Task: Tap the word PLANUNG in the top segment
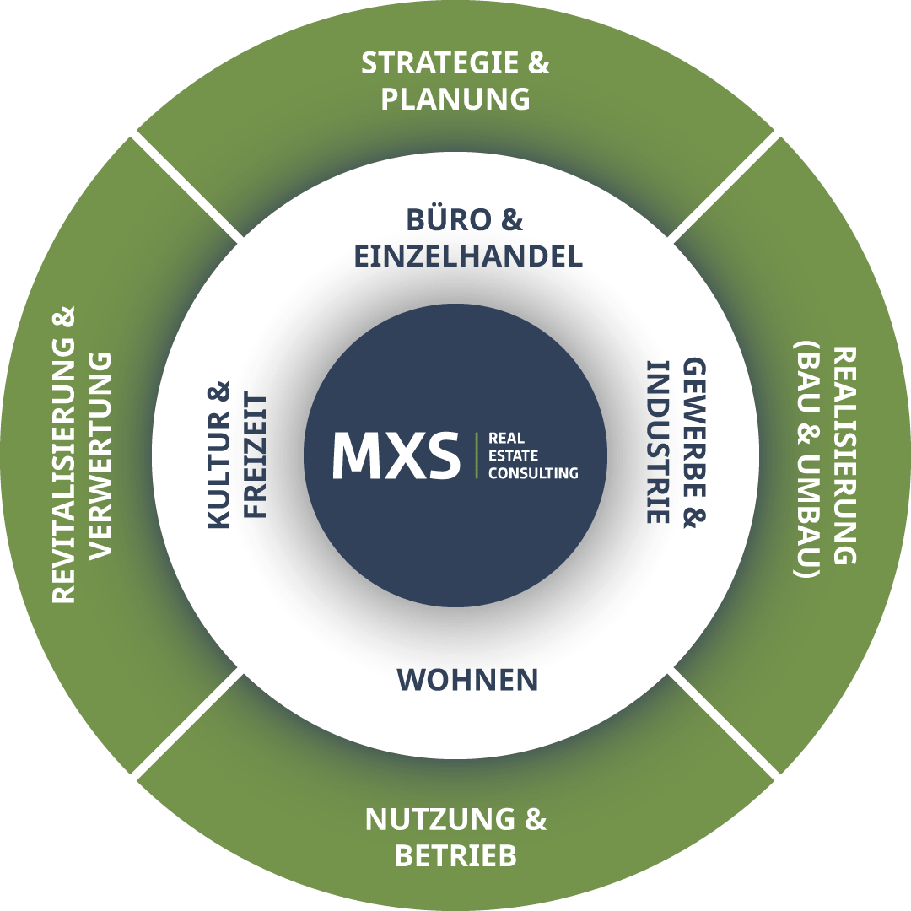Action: pos(455,99)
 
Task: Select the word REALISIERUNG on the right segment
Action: pos(844,455)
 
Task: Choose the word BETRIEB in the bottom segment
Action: pos(455,856)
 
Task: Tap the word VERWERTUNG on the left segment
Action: pos(100,455)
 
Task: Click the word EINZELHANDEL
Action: pos(468,256)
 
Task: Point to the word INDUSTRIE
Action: pos(657,442)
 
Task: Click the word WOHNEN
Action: pos(467,680)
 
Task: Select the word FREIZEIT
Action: pos(256,455)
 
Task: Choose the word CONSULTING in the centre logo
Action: pos(533,473)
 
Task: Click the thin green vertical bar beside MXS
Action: pos(477,455)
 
